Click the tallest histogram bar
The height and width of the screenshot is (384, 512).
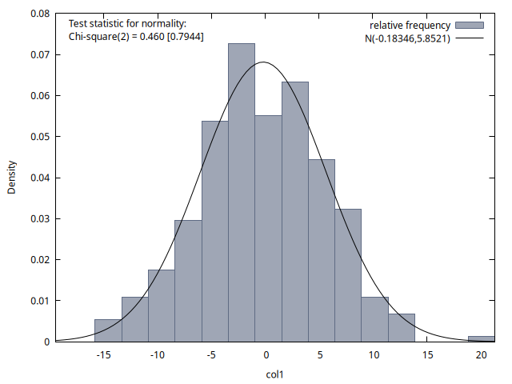(x=242, y=192)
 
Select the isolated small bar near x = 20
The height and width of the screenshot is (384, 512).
(x=482, y=338)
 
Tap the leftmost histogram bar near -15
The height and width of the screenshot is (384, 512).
(x=108, y=330)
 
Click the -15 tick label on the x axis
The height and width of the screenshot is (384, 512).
(x=103, y=354)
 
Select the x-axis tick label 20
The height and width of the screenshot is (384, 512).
(x=482, y=354)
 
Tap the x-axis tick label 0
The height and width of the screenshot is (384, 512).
(x=266, y=354)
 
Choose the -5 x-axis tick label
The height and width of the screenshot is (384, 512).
(x=211, y=354)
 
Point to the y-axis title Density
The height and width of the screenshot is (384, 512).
(x=12, y=178)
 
